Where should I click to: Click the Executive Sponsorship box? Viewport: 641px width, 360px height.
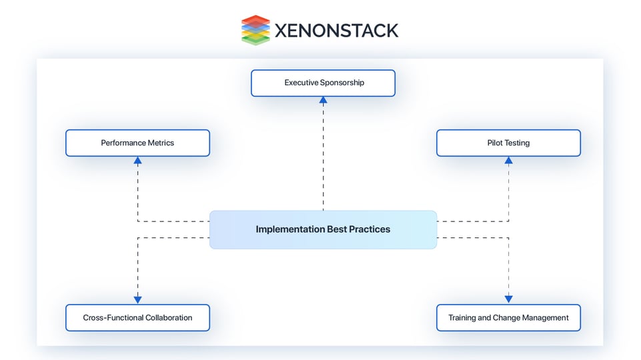coord(323,83)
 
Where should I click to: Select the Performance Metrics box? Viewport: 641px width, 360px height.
coord(137,143)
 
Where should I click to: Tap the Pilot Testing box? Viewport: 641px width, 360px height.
coord(508,143)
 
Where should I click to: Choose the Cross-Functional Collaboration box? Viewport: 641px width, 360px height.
coord(137,318)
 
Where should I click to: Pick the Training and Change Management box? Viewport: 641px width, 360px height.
coord(508,318)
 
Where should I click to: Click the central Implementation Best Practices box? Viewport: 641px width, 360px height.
coord(323,229)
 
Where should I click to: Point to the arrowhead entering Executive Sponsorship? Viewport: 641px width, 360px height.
coord(324,100)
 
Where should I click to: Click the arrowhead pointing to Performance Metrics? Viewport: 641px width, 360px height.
coord(138,160)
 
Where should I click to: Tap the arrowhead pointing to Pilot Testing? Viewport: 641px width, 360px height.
coord(508,160)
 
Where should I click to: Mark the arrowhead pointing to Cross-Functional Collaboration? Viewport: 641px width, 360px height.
coord(138,300)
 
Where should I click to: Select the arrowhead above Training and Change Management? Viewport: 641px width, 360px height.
coord(508,300)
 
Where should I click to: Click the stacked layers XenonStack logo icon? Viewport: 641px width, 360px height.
coord(255,30)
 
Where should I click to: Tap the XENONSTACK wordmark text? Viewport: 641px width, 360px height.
coord(336,30)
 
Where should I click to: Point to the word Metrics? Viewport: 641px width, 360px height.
coord(160,143)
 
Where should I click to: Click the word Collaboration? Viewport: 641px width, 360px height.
coord(167,318)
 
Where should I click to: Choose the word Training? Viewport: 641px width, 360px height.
coord(462,318)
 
